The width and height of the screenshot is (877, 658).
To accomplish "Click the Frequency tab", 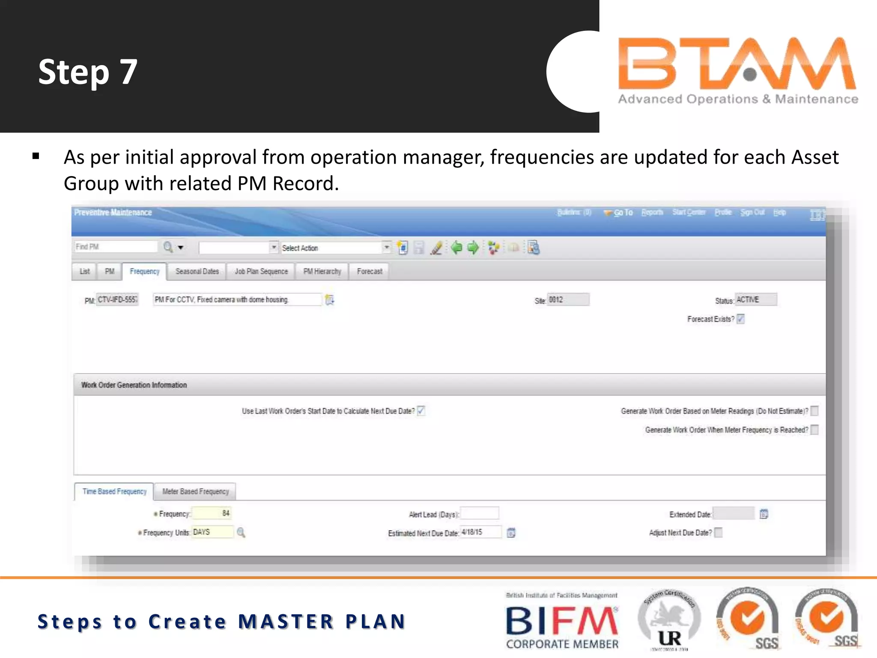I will pos(144,272).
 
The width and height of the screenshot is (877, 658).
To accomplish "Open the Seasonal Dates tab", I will pos(197,272).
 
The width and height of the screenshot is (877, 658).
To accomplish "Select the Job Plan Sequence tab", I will pos(261,272).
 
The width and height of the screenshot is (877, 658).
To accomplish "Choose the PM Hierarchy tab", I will pos(322,272).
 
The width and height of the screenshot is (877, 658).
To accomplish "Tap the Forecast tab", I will pos(370,272).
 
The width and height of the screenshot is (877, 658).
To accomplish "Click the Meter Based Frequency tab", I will pos(195,491).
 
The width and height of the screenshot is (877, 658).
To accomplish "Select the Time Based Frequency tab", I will pos(114,491).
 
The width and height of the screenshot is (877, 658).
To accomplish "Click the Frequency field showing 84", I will pos(212,513).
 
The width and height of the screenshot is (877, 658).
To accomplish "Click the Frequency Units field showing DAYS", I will pos(212,532).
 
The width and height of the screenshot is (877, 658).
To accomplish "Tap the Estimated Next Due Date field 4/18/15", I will pos(480,532).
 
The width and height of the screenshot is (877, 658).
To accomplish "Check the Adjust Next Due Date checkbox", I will pos(719,532).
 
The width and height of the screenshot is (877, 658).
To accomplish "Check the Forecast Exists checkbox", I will pos(741,319).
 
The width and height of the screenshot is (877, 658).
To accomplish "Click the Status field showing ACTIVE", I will pos(756,299).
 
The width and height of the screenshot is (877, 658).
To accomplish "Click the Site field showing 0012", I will pos(568,299).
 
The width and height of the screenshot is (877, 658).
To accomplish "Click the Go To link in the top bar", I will pos(623,212).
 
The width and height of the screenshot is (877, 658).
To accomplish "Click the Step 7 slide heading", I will pos(88,72).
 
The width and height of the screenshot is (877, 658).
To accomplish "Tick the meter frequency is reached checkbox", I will pos(814,430).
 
